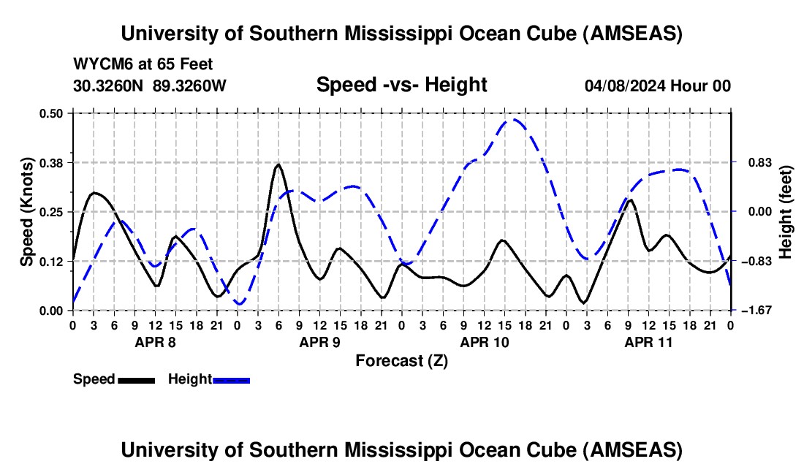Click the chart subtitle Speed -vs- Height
tap(401, 85)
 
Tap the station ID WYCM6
tap(99, 65)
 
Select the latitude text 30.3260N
tap(109, 85)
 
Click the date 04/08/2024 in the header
tap(623, 85)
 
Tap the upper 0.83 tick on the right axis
tap(753, 162)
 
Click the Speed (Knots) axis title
tap(26, 212)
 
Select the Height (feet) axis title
tap(786, 212)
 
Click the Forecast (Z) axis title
tap(401, 360)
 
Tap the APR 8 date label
tap(154, 342)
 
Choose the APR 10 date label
tap(483, 342)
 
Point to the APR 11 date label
tap(648, 342)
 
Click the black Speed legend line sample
tap(136, 380)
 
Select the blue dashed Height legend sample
tap(231, 380)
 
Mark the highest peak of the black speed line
tap(278, 165)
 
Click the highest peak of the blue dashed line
tap(514, 120)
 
